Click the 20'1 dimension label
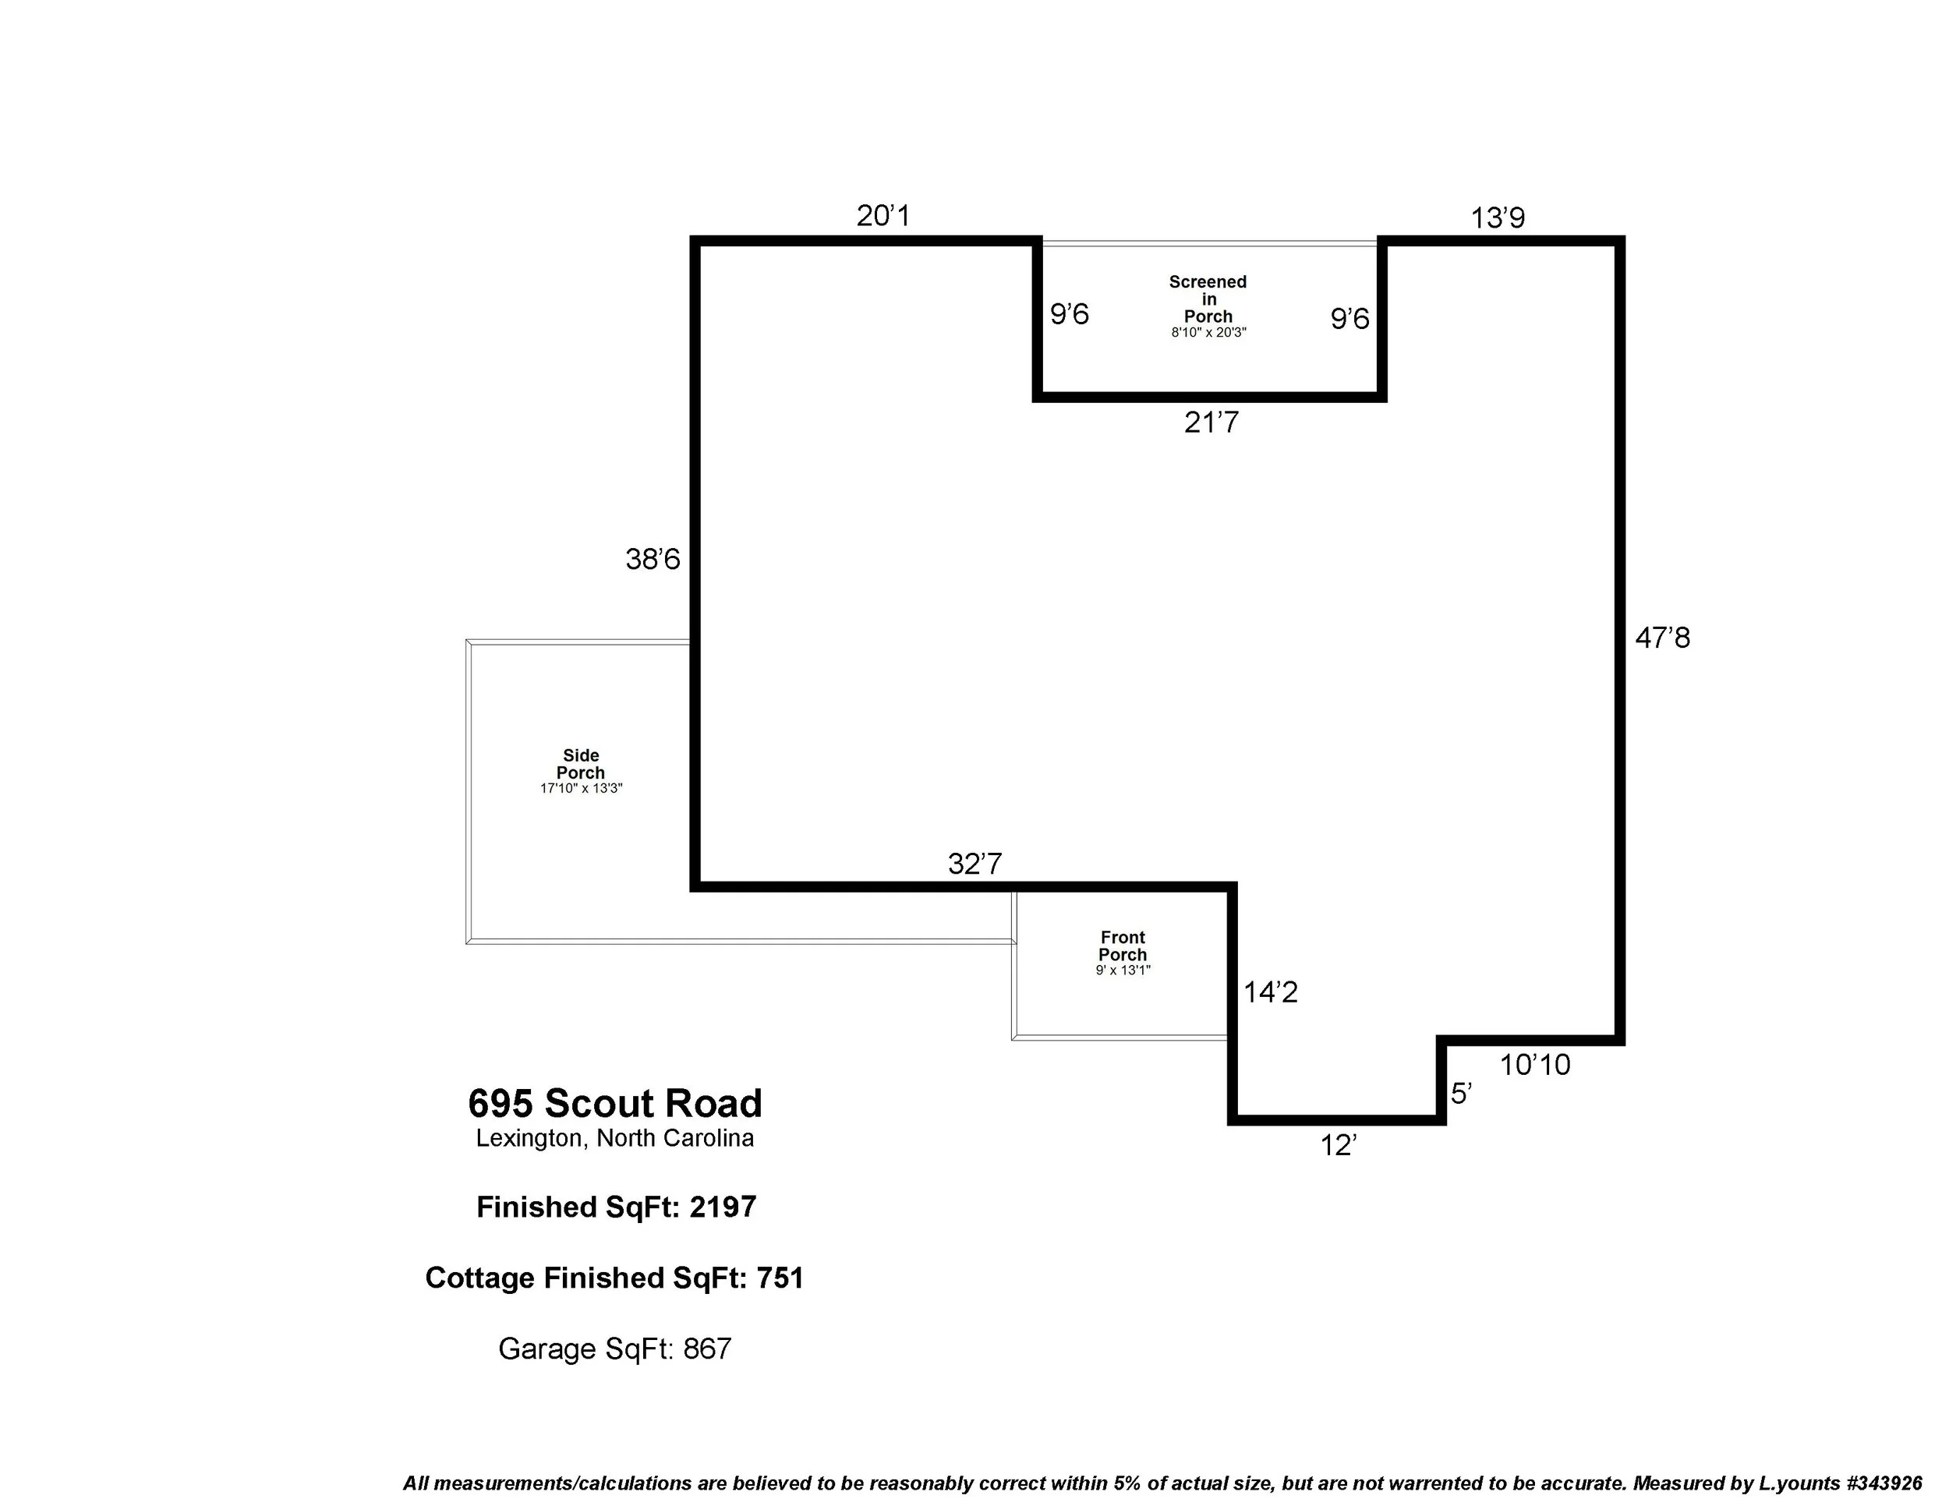point(883,216)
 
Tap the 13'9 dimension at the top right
point(1498,217)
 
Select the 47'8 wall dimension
point(1661,638)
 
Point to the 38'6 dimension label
point(653,560)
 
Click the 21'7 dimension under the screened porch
point(1211,422)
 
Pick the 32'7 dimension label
point(974,864)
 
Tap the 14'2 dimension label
point(1270,992)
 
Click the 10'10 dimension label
point(1534,1064)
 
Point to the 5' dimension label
point(1460,1093)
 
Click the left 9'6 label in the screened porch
point(1069,314)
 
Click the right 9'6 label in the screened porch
point(1349,319)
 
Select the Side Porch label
point(580,765)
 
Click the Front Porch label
point(1122,946)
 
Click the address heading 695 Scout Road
point(615,1104)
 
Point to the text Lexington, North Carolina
point(614,1138)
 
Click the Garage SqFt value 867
point(707,1348)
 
